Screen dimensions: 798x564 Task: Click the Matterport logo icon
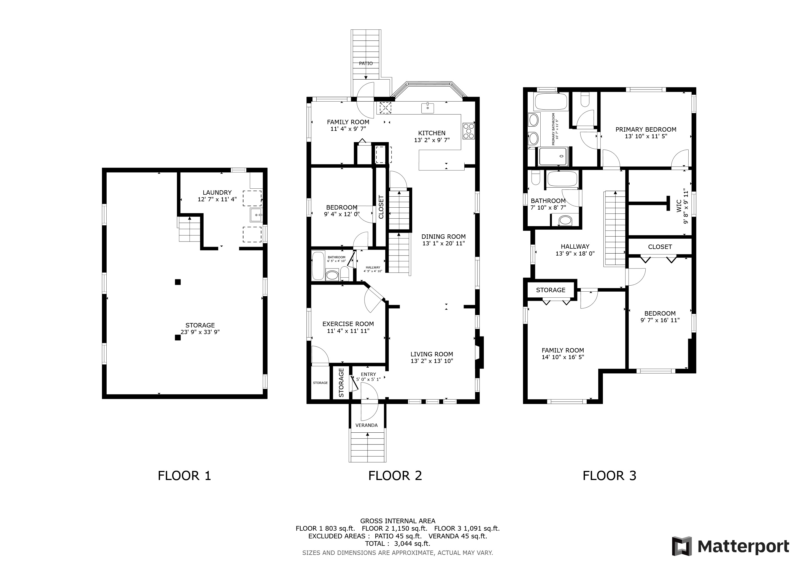pos(682,546)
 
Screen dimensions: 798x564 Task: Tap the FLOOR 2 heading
pos(395,475)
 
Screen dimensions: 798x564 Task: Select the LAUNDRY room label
pos(217,192)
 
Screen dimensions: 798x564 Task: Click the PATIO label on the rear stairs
pos(366,64)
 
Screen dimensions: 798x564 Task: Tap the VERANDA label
pos(366,425)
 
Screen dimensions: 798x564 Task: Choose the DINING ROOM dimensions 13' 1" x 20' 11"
pos(443,243)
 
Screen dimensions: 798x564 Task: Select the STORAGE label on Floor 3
pos(551,290)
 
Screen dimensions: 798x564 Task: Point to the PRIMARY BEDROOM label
pos(646,129)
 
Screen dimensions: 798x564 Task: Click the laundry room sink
pos(256,215)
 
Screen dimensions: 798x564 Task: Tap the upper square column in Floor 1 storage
pos(178,282)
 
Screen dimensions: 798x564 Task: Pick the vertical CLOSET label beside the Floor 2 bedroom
pos(381,207)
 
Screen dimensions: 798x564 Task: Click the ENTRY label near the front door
pos(368,374)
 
